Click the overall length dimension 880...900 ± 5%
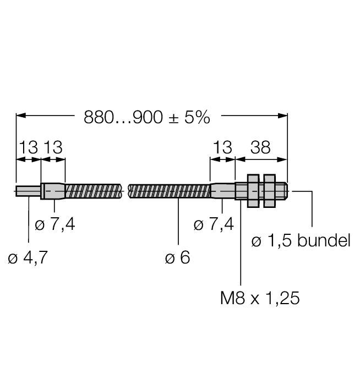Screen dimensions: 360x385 click(147, 117)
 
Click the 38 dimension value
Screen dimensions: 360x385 click(260, 147)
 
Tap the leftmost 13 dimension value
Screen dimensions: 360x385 click(29, 147)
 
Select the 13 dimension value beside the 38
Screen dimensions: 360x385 click(222, 147)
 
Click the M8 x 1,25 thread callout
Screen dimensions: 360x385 click(260, 298)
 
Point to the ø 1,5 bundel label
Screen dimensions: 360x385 click(301, 240)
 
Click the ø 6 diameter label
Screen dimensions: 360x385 click(177, 257)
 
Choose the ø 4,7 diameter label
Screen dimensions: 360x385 click(28, 257)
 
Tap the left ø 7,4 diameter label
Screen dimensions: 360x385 click(55, 224)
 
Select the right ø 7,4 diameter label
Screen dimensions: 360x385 click(214, 224)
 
